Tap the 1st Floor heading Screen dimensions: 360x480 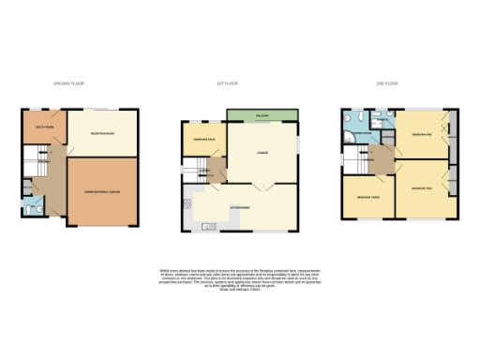(228, 84)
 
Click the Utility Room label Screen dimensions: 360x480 (42, 124)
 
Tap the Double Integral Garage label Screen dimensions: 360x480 (102, 191)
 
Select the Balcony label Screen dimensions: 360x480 (263, 117)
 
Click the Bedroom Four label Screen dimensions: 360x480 (203, 141)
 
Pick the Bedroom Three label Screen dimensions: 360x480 (367, 197)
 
